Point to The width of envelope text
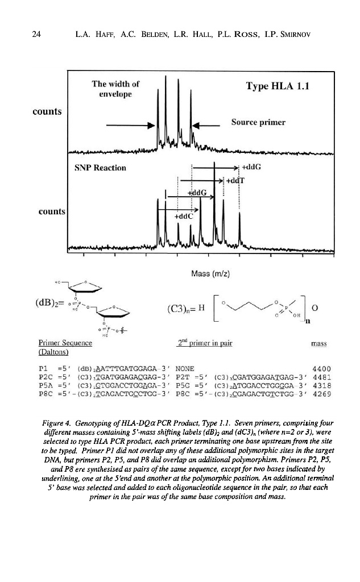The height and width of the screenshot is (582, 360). pos(115,89)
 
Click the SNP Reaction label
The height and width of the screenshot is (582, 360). pos(101,168)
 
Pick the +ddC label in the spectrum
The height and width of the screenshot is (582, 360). pos(184,217)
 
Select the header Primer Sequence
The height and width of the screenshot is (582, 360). pos(64,343)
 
